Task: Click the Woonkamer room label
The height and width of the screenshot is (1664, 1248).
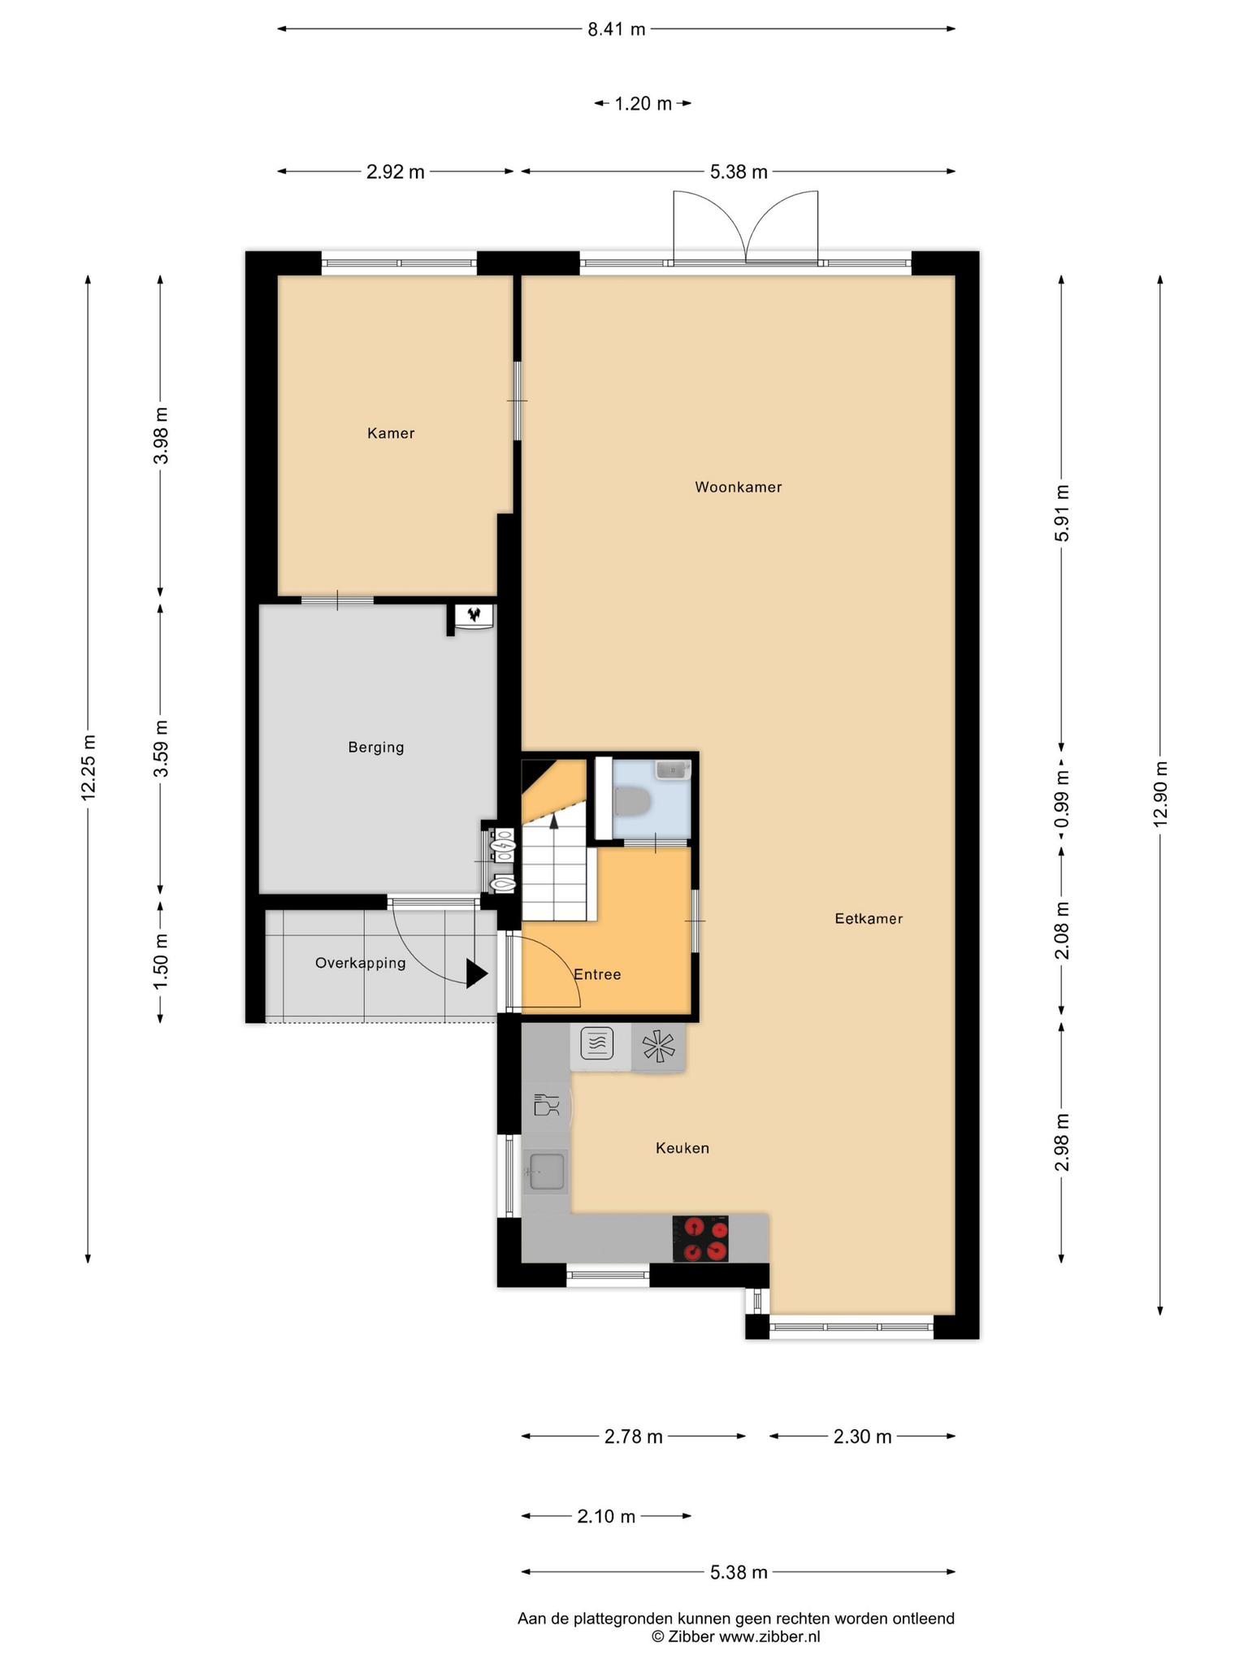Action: coord(738,487)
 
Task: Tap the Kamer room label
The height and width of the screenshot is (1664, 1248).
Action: coord(391,434)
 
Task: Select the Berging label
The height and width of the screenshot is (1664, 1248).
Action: coord(376,747)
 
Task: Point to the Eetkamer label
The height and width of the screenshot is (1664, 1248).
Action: coord(869,919)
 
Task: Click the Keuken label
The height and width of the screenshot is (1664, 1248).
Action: coord(682,1148)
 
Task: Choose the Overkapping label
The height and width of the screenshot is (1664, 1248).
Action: coord(360,964)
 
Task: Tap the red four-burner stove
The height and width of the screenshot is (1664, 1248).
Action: coord(700,1238)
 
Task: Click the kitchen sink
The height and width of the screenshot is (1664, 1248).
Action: coord(547,1172)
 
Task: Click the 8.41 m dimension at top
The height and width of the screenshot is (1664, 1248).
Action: coord(616,30)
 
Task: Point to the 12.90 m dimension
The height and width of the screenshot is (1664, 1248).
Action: coord(1160,793)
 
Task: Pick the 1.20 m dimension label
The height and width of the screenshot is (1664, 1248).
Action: coord(643,104)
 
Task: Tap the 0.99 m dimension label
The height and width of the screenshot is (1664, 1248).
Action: coord(1062,799)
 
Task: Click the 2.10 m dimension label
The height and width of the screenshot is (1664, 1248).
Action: coord(606,1516)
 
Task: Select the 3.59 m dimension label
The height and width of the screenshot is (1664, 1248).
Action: coord(161,748)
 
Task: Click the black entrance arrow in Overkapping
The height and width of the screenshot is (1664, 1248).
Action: coord(477,973)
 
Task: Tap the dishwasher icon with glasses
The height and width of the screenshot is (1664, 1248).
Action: coord(546,1106)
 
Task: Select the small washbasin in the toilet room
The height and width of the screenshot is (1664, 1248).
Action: coord(672,769)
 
